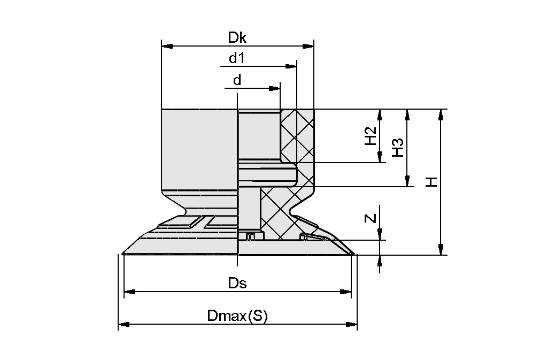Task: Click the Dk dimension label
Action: tap(237, 37)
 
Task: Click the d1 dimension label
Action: tap(237, 58)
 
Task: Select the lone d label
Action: tap(237, 80)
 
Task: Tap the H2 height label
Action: tap(370, 136)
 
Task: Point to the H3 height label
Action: tap(397, 147)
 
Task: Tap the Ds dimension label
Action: tap(237, 283)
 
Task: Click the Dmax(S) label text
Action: tap(237, 316)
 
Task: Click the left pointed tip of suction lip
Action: tap(123, 254)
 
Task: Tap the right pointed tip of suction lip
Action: tap(353, 254)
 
